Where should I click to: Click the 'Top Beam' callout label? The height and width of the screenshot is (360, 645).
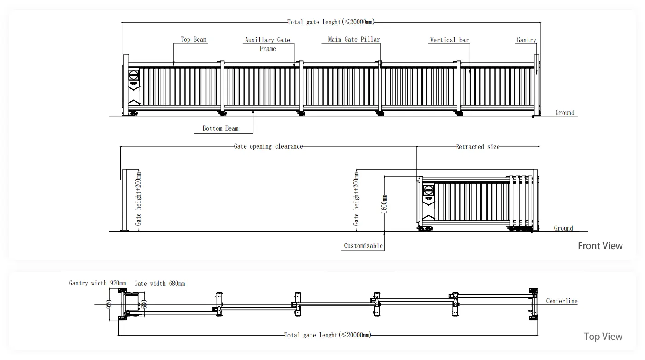point(193,40)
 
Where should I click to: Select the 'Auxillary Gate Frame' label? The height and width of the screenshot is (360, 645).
point(268,44)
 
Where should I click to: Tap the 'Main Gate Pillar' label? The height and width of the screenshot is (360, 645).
point(354,40)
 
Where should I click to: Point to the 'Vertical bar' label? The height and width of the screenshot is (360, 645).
point(449,40)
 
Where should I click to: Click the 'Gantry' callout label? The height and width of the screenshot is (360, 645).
point(526,40)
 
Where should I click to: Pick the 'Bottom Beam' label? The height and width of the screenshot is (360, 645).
point(220,128)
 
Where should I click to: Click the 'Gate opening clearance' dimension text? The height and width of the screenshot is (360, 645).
point(269,147)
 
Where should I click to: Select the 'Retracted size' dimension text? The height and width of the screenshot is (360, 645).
point(477,147)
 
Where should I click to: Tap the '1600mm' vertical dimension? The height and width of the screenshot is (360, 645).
point(385,203)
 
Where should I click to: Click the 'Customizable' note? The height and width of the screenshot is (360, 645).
point(364,246)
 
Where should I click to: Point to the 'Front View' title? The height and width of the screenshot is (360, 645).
point(600,246)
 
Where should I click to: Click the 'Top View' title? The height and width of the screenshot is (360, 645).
point(603,337)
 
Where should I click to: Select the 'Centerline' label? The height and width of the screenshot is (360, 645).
point(562,301)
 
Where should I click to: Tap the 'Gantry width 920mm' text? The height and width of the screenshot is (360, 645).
point(94,283)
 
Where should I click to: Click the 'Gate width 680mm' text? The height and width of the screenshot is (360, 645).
point(159,284)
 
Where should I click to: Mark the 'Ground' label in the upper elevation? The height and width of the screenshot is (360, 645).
point(565,113)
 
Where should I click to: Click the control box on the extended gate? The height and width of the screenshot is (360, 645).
point(134,78)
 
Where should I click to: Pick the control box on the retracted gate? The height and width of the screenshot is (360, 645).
point(429,192)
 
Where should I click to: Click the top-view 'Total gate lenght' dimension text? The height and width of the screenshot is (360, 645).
point(327,335)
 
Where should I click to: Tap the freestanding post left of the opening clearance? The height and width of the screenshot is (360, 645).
point(123,200)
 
